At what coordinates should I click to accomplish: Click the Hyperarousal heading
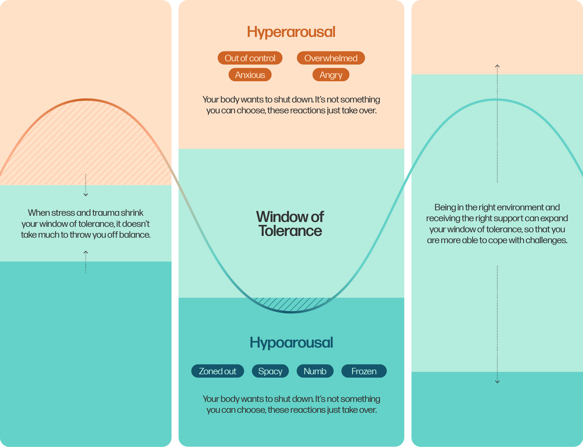[x=291, y=32]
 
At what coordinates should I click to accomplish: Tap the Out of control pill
[x=250, y=58]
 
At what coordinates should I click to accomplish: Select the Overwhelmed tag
[x=331, y=58]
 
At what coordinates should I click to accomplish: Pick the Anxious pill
[x=250, y=75]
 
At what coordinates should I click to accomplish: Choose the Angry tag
[x=331, y=75]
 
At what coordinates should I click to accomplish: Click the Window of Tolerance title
[x=290, y=223]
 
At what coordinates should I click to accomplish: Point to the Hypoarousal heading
[x=291, y=343]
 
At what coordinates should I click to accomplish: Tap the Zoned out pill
[x=217, y=371]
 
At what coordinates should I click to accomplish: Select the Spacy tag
[x=270, y=371]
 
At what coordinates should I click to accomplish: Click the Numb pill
[x=315, y=371]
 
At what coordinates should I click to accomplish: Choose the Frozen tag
[x=364, y=371]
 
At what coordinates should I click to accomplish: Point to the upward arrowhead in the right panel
[x=497, y=66]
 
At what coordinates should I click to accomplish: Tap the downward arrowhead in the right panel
[x=497, y=382]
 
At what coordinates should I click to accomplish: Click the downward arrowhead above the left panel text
[x=86, y=195]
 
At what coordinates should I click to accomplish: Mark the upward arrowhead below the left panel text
[x=86, y=252]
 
